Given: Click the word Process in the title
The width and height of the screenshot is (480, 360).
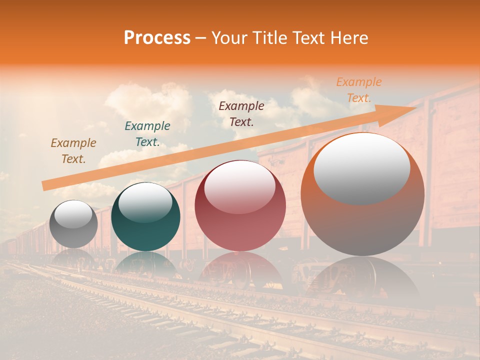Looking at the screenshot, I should (157, 38).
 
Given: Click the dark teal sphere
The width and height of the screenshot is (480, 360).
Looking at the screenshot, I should (145, 217).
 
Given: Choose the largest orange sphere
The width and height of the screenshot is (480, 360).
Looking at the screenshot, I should (362, 194).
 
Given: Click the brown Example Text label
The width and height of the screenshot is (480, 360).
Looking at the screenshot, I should (73, 150).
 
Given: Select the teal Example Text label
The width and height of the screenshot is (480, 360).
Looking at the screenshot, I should (147, 133).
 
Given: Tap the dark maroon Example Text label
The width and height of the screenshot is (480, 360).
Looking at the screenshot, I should (241, 113).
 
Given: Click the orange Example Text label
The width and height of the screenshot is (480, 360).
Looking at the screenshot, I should (359, 90).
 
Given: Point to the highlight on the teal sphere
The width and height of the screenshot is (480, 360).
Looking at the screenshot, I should (145, 203).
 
